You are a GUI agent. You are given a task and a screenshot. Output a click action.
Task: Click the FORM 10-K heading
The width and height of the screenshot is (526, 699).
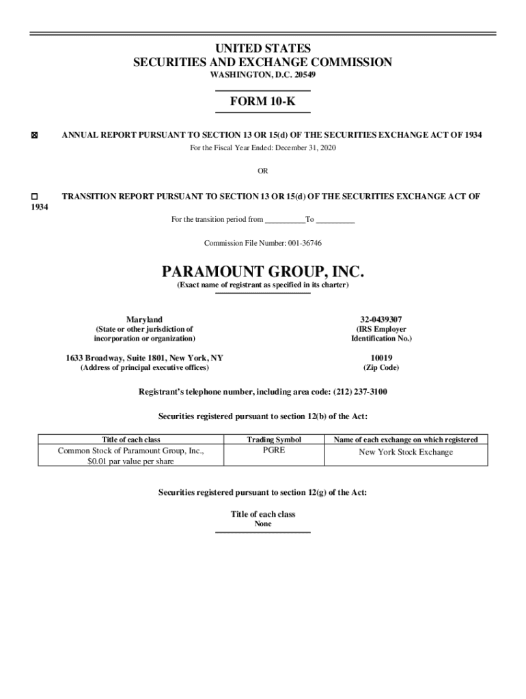pyautogui.click(x=262, y=102)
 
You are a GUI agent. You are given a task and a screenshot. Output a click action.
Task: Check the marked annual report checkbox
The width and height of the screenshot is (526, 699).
pyautogui.click(x=33, y=136)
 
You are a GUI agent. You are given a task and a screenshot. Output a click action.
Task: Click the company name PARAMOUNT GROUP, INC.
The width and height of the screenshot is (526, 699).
pyautogui.click(x=263, y=272)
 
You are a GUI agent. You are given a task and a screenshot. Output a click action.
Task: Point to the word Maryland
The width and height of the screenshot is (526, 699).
pyautogui.click(x=144, y=319)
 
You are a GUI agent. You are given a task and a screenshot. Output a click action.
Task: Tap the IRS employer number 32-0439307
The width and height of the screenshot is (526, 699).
pyautogui.click(x=381, y=319)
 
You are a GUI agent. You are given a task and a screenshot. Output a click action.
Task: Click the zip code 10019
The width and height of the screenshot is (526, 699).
pyautogui.click(x=381, y=358)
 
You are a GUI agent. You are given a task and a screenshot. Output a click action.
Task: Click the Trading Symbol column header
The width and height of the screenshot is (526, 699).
pyautogui.click(x=274, y=440)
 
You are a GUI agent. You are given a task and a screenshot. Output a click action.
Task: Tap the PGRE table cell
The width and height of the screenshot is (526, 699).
pyautogui.click(x=274, y=451)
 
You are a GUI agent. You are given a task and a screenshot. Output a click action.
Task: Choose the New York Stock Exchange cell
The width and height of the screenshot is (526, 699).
pyautogui.click(x=406, y=452)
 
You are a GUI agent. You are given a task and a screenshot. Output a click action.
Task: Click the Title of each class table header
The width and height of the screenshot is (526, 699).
pyautogui.click(x=130, y=440)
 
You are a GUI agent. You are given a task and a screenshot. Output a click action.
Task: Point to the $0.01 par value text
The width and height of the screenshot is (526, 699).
pyautogui.click(x=130, y=461)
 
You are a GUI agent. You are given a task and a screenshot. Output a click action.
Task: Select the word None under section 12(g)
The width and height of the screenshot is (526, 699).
pyautogui.click(x=263, y=524)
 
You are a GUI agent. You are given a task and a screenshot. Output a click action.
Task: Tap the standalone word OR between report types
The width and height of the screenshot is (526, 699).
pyautogui.click(x=263, y=171)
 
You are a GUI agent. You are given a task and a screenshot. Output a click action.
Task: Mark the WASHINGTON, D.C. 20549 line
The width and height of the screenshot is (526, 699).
pyautogui.click(x=262, y=74)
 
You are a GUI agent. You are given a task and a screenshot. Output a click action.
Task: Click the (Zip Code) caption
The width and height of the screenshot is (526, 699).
pyautogui.click(x=381, y=368)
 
